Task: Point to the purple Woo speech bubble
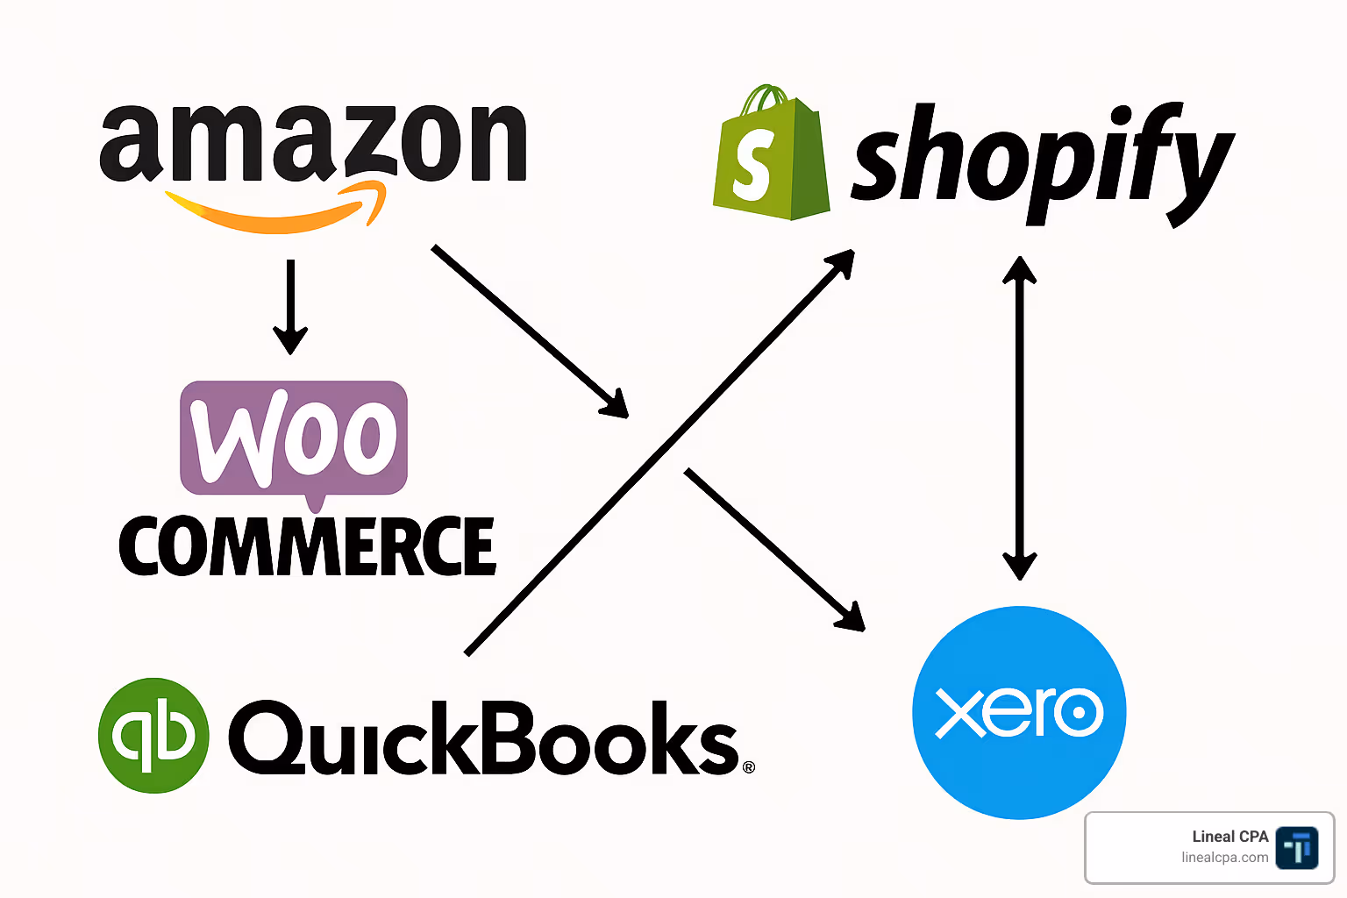(x=294, y=438)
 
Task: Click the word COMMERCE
(x=307, y=546)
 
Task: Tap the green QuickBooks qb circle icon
(x=154, y=735)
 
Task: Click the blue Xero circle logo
(x=1019, y=712)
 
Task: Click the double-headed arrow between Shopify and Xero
(x=1019, y=417)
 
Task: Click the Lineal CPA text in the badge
(x=1229, y=837)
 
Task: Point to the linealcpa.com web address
(x=1224, y=858)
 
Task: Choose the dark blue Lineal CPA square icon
(x=1296, y=848)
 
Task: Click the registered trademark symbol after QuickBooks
(x=748, y=767)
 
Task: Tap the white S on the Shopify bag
(x=752, y=164)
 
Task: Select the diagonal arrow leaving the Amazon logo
(x=526, y=329)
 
